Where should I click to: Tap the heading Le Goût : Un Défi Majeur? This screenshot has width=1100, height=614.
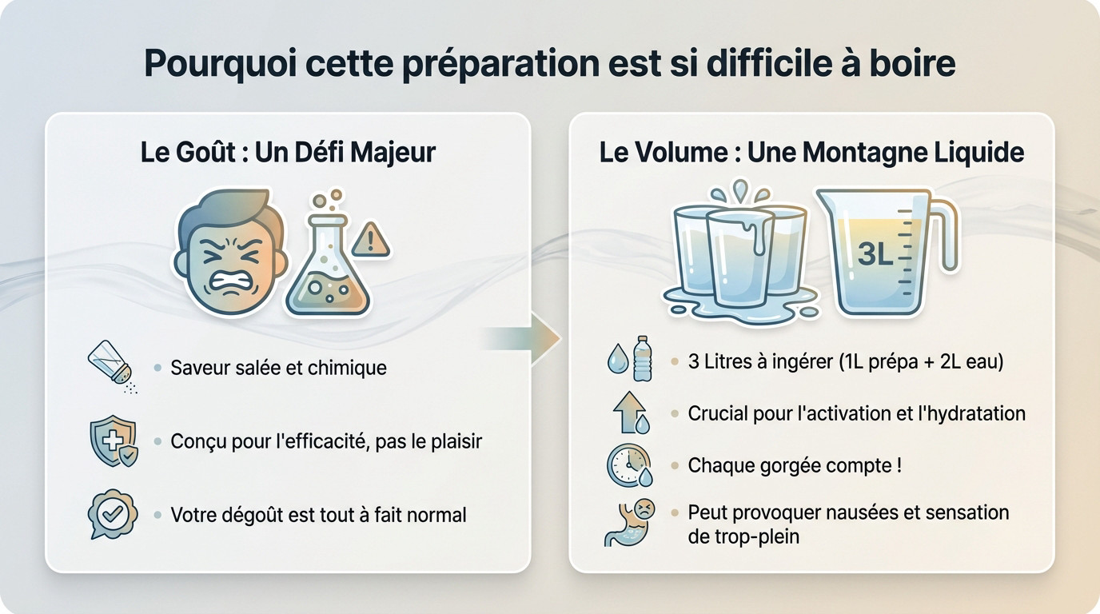pos(288,151)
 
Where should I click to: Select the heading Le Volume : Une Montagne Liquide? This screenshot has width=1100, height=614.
pos(811,151)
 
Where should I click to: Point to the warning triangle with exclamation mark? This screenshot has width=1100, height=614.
pos(370,239)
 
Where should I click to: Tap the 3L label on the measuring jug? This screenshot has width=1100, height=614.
pos(874,254)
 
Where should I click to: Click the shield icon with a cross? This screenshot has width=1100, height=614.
pos(113,441)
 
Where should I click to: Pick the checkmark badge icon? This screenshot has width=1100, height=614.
pos(113,514)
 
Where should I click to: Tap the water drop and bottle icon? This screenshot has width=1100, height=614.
pos(630,359)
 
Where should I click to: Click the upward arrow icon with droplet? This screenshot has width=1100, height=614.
pos(630,413)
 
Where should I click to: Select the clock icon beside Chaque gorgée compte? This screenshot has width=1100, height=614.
pos(630,466)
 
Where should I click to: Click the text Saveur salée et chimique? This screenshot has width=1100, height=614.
pos(278,368)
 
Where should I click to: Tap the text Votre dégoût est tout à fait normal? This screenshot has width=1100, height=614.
pos(318,515)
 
